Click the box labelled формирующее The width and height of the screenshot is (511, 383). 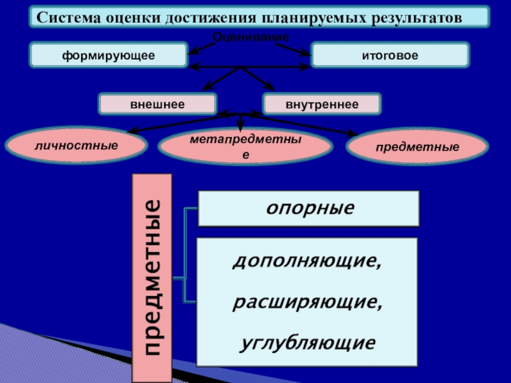(108, 56)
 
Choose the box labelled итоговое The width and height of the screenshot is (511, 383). (390, 56)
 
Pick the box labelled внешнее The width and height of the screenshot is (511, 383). (157, 103)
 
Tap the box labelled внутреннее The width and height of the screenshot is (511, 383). (321, 103)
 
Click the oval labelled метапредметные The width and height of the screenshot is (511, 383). (245, 147)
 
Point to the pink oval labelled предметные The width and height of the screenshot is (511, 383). (417, 147)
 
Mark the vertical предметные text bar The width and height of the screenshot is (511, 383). (152, 278)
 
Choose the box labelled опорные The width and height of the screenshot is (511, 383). (309, 208)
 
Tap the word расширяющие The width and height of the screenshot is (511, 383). (307, 302)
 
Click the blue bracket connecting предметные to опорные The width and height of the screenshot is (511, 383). (185, 243)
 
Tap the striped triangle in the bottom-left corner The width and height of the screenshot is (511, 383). (38, 357)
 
